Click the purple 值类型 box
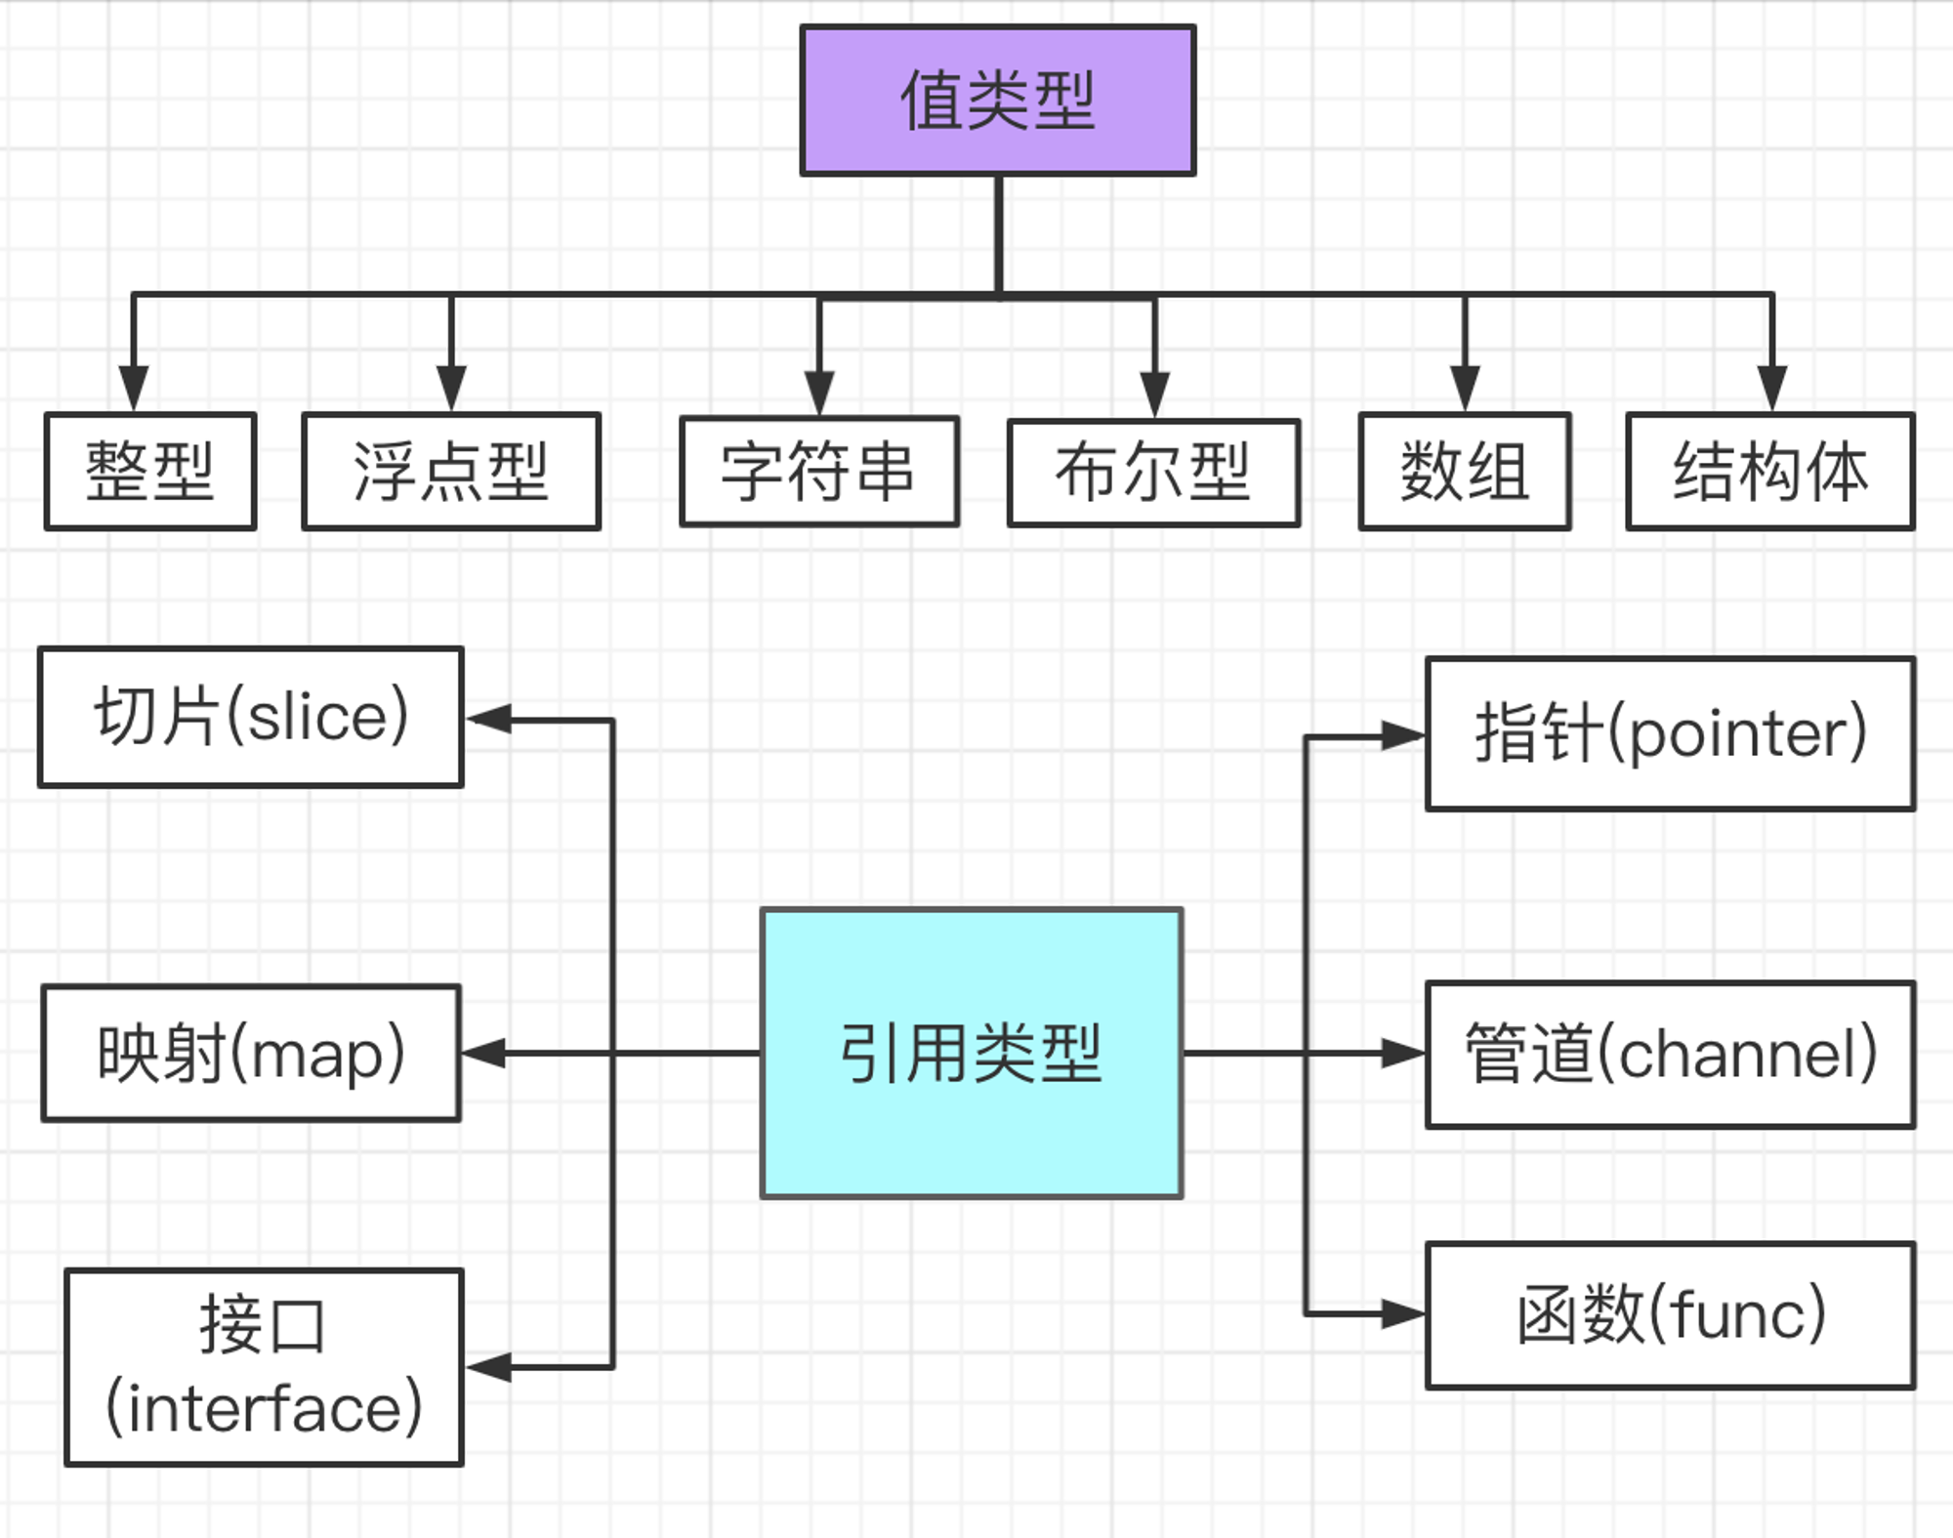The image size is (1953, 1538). pyautogui.click(x=998, y=101)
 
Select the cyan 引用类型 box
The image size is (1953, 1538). pyautogui.click(x=972, y=1054)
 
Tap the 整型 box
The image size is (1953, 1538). pyautogui.click(x=150, y=472)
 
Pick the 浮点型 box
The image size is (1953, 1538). pyautogui.click(x=451, y=472)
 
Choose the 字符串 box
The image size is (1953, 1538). pyautogui.click(x=819, y=472)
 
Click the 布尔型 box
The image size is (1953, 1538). pyautogui.click(x=1154, y=473)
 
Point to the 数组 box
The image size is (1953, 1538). pyautogui.click(x=1465, y=472)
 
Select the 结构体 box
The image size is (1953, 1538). pyautogui.click(x=1770, y=472)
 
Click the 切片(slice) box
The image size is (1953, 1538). pyautogui.click(x=251, y=717)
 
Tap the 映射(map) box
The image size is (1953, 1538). pyautogui.click(x=251, y=1054)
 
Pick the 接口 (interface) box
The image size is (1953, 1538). pyautogui.click(x=264, y=1367)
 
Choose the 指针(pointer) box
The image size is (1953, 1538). pyautogui.click(x=1671, y=734)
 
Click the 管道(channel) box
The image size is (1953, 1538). pyautogui.click(x=1671, y=1055)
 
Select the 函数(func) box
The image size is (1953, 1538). pyautogui.click(x=1671, y=1315)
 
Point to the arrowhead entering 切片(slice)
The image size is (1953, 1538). pyautogui.click(x=488, y=719)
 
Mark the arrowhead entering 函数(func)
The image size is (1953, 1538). pyautogui.click(x=1403, y=1314)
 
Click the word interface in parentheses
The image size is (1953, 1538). pyautogui.click(x=264, y=1407)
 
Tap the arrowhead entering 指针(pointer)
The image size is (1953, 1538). pyautogui.click(x=1403, y=736)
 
